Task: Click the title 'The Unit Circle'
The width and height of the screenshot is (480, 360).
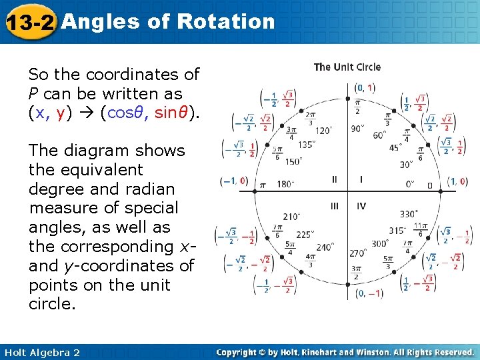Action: click(x=347, y=67)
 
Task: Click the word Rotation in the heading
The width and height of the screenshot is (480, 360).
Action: click(x=226, y=21)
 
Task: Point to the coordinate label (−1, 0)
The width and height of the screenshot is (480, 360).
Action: click(x=234, y=181)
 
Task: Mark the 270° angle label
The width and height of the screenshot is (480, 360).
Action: click(x=359, y=253)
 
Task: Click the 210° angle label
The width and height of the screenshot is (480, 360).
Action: click(x=292, y=216)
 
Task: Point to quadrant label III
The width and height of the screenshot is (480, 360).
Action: click(x=335, y=206)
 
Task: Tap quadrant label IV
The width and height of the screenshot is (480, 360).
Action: click(x=361, y=206)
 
